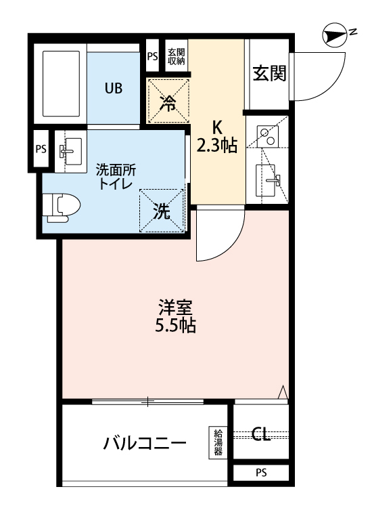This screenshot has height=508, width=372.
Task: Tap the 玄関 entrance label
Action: pos(269,73)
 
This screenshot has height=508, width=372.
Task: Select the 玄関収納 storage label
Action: pos(176,57)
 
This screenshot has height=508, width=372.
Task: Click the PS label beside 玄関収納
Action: pos(152,57)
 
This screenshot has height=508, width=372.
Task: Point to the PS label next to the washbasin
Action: pos(41,149)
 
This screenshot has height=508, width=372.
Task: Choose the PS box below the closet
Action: pos(261,471)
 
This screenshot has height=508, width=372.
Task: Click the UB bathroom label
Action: pos(113,88)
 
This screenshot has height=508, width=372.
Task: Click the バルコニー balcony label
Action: pos(145,444)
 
